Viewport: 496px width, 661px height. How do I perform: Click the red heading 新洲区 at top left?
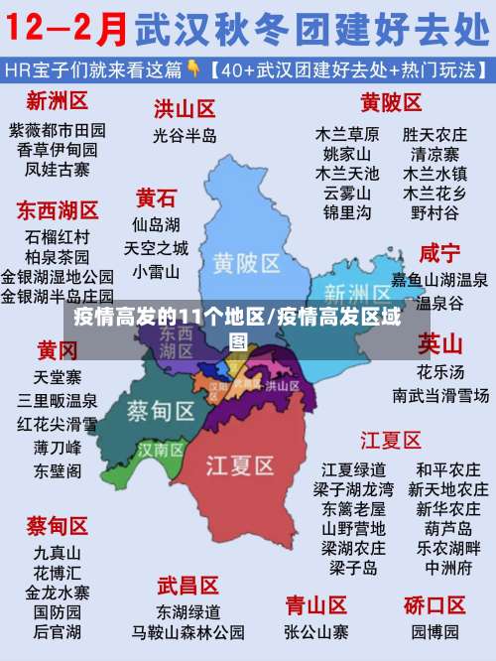58,100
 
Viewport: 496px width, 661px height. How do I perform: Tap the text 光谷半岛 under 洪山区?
185,134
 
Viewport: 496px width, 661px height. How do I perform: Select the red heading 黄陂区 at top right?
391,102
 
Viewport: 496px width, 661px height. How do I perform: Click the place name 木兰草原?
347,133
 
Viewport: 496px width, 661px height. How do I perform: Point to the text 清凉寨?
434,154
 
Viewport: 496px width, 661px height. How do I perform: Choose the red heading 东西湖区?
58,210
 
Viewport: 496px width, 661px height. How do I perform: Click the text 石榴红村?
58,237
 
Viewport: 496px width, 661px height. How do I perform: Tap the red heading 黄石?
157,197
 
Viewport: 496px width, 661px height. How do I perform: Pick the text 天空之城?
157,247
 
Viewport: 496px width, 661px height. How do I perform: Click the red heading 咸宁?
439,252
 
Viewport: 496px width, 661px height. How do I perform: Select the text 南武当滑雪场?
439,395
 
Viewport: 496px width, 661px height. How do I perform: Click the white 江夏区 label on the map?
239,464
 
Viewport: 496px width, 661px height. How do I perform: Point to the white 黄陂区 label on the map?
247,263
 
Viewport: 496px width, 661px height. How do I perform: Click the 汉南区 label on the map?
161,450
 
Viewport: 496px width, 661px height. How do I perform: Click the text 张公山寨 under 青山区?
315,631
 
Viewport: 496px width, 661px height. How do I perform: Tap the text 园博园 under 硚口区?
434,631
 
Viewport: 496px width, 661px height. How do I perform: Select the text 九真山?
58,552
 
